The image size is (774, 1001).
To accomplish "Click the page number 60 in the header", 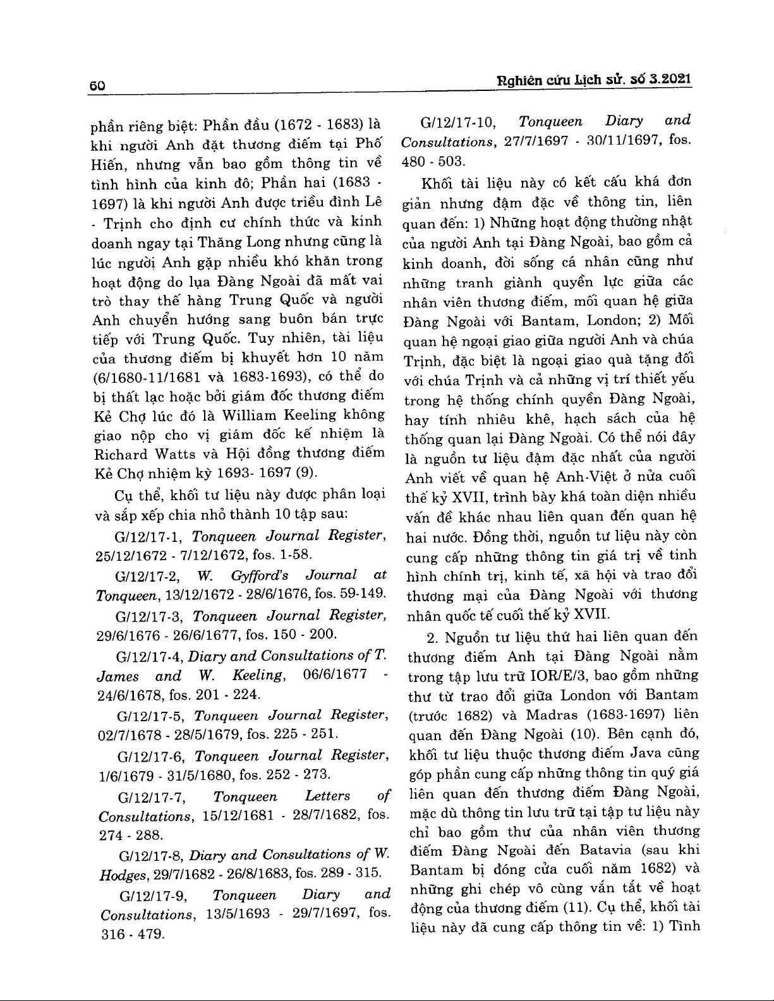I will pos(97,86).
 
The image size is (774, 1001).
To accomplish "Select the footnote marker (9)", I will pos(308,474).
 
